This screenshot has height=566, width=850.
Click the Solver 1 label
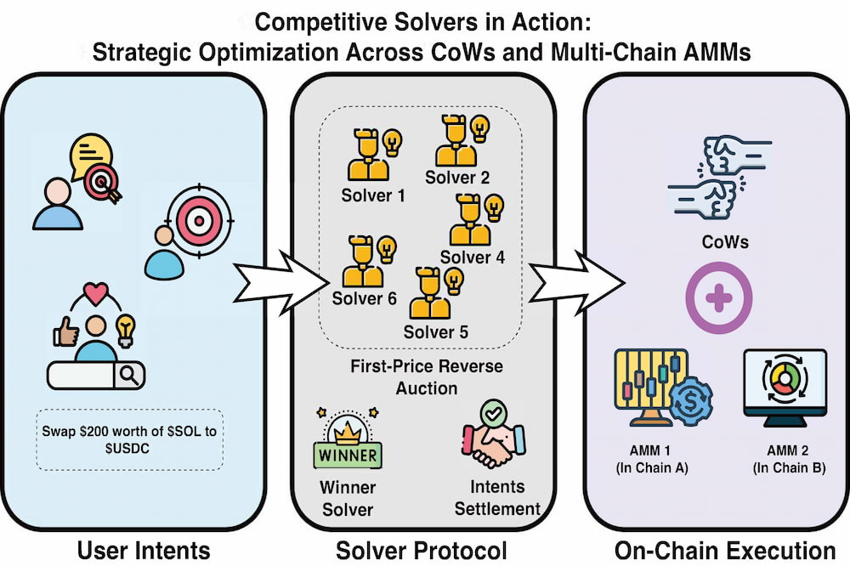pyautogui.click(x=373, y=195)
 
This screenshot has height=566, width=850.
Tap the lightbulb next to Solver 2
pyautogui.click(x=479, y=129)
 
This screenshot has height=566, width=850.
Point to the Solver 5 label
pyautogui.click(x=435, y=331)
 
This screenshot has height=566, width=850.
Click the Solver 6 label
pyautogui.click(x=365, y=298)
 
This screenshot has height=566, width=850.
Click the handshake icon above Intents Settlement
pyautogui.click(x=494, y=433)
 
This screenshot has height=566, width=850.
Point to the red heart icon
pyautogui.click(x=97, y=293)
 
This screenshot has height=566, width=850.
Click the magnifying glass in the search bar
pyautogui.click(x=129, y=375)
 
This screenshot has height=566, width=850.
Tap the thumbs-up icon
pyautogui.click(x=65, y=331)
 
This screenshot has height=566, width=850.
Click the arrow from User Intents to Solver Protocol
pyautogui.click(x=281, y=282)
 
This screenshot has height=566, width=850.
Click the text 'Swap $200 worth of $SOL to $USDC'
pyautogui.click(x=129, y=439)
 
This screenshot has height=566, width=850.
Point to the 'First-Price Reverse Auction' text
pyautogui.click(x=427, y=376)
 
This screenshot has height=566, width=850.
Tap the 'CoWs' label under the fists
pyautogui.click(x=725, y=241)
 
